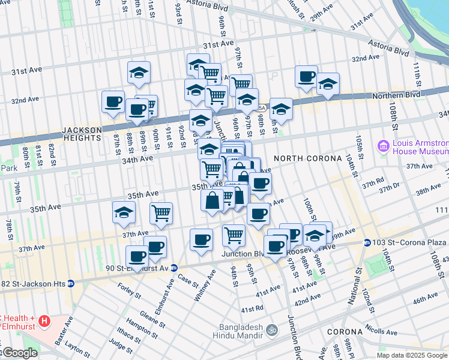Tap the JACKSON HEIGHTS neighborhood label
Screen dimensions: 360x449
point(81,134)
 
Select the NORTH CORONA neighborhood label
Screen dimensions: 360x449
point(303,158)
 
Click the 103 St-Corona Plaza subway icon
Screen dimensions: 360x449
point(367,242)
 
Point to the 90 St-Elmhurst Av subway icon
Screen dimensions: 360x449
point(173,268)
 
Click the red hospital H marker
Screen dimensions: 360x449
point(43,322)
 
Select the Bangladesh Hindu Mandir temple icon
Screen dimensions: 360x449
point(271,329)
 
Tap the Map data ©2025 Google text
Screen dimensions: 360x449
point(412,355)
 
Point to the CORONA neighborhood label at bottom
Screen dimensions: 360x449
point(345,332)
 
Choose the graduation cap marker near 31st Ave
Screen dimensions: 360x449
point(139,73)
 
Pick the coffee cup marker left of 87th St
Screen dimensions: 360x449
point(113,102)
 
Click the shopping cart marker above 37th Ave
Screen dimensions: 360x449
point(161,214)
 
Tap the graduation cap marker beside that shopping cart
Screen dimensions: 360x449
point(124,213)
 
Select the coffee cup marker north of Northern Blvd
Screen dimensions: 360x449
point(307,77)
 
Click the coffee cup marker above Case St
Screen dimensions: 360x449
point(201,240)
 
